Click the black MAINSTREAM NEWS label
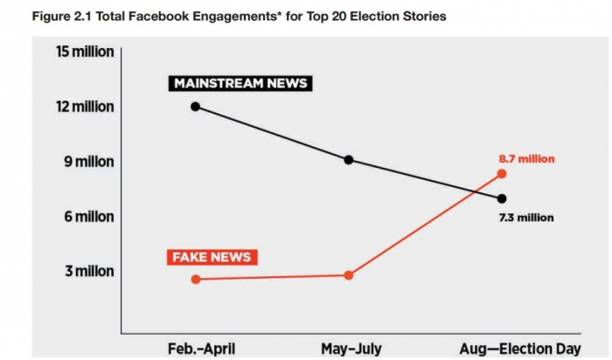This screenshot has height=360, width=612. pyautogui.click(x=240, y=84)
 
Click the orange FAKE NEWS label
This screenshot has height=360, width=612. pyautogui.click(x=211, y=258)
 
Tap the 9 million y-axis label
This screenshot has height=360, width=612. pyautogui.click(x=88, y=162)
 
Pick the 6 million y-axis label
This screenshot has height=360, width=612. pyautogui.click(x=88, y=217)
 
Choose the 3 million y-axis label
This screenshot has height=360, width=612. pyautogui.click(x=89, y=272)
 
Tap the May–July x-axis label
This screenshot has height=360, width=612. pyautogui.click(x=351, y=349)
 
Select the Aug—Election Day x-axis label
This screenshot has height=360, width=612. pyautogui.click(x=519, y=349)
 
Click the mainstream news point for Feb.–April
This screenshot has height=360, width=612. pyautogui.click(x=196, y=107)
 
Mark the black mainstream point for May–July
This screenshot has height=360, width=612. pyautogui.click(x=349, y=160)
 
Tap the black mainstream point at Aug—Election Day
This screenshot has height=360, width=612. pyautogui.click(x=502, y=198)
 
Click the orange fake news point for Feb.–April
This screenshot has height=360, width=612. pyautogui.click(x=196, y=280)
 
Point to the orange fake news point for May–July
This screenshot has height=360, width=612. pyautogui.click(x=349, y=275)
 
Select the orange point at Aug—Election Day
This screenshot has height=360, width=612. pyautogui.click(x=502, y=173)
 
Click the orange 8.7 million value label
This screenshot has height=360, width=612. pyautogui.click(x=526, y=159)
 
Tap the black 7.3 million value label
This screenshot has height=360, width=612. pyautogui.click(x=525, y=218)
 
